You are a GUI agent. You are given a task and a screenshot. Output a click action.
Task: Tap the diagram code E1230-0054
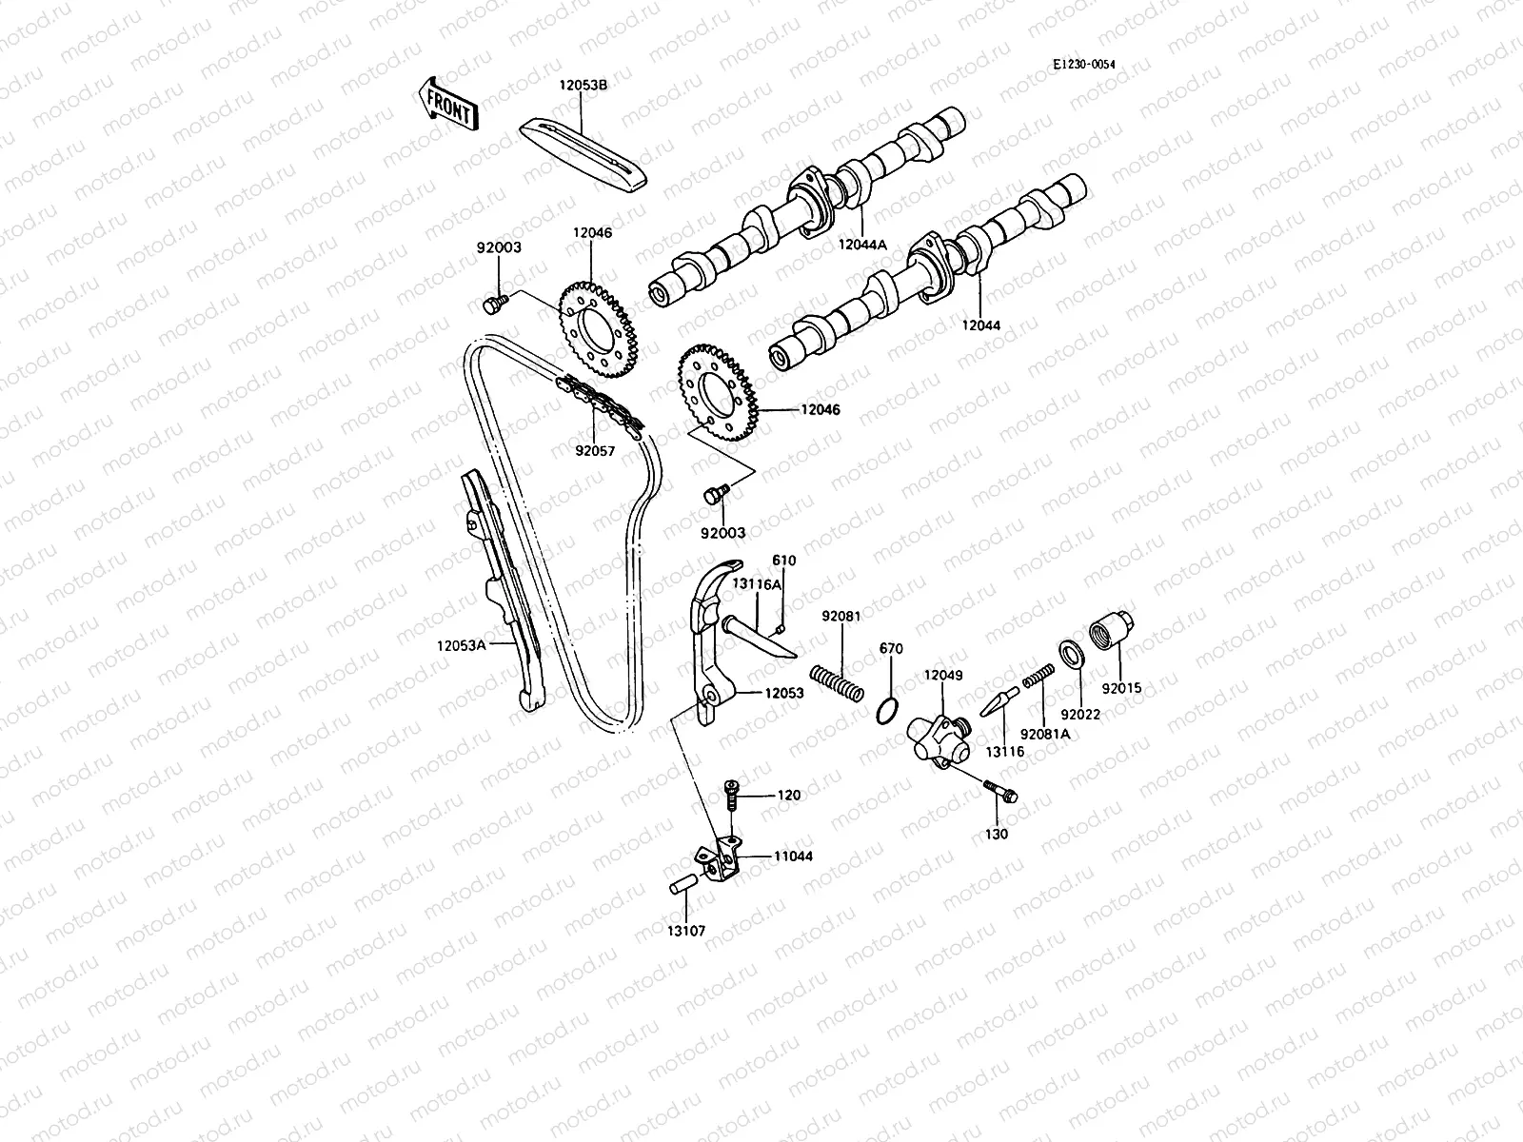click(1083, 65)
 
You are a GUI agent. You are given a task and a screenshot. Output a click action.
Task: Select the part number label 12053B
click(583, 85)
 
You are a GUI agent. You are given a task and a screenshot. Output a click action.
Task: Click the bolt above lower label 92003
click(714, 494)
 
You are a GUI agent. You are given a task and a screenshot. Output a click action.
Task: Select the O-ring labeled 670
click(886, 711)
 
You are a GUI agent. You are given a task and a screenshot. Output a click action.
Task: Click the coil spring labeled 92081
click(838, 683)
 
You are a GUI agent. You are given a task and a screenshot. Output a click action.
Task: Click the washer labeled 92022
click(1071, 653)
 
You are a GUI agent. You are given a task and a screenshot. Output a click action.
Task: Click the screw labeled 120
click(732, 794)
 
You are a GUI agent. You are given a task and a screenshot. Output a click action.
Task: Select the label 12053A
click(462, 645)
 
